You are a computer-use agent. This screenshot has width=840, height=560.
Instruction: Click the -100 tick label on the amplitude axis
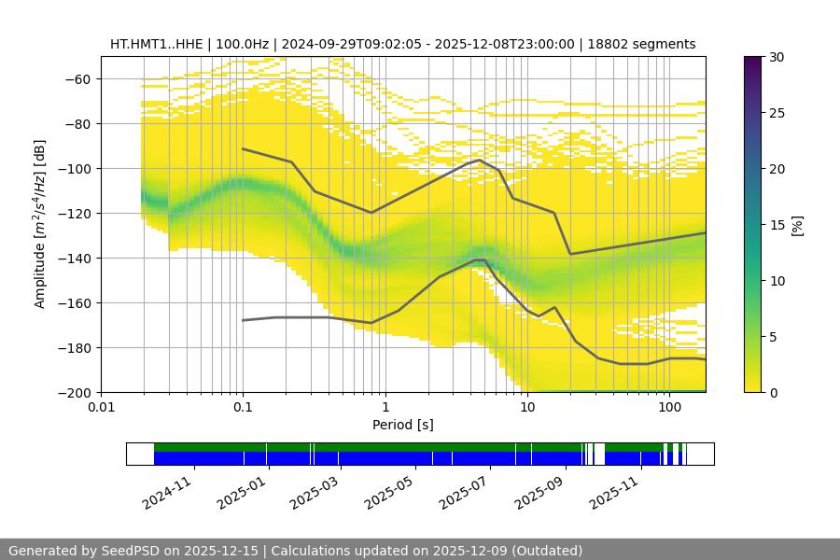77,168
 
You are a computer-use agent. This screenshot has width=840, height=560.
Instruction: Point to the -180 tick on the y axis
77,347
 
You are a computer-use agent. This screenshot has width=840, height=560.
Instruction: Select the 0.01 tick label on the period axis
101,407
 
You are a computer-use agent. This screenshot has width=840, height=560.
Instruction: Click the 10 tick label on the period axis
526,407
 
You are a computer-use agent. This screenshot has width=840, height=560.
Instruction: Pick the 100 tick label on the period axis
668,407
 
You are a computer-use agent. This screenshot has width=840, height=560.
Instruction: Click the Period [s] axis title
403,425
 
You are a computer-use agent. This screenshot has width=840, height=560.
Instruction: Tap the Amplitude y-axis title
40,224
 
